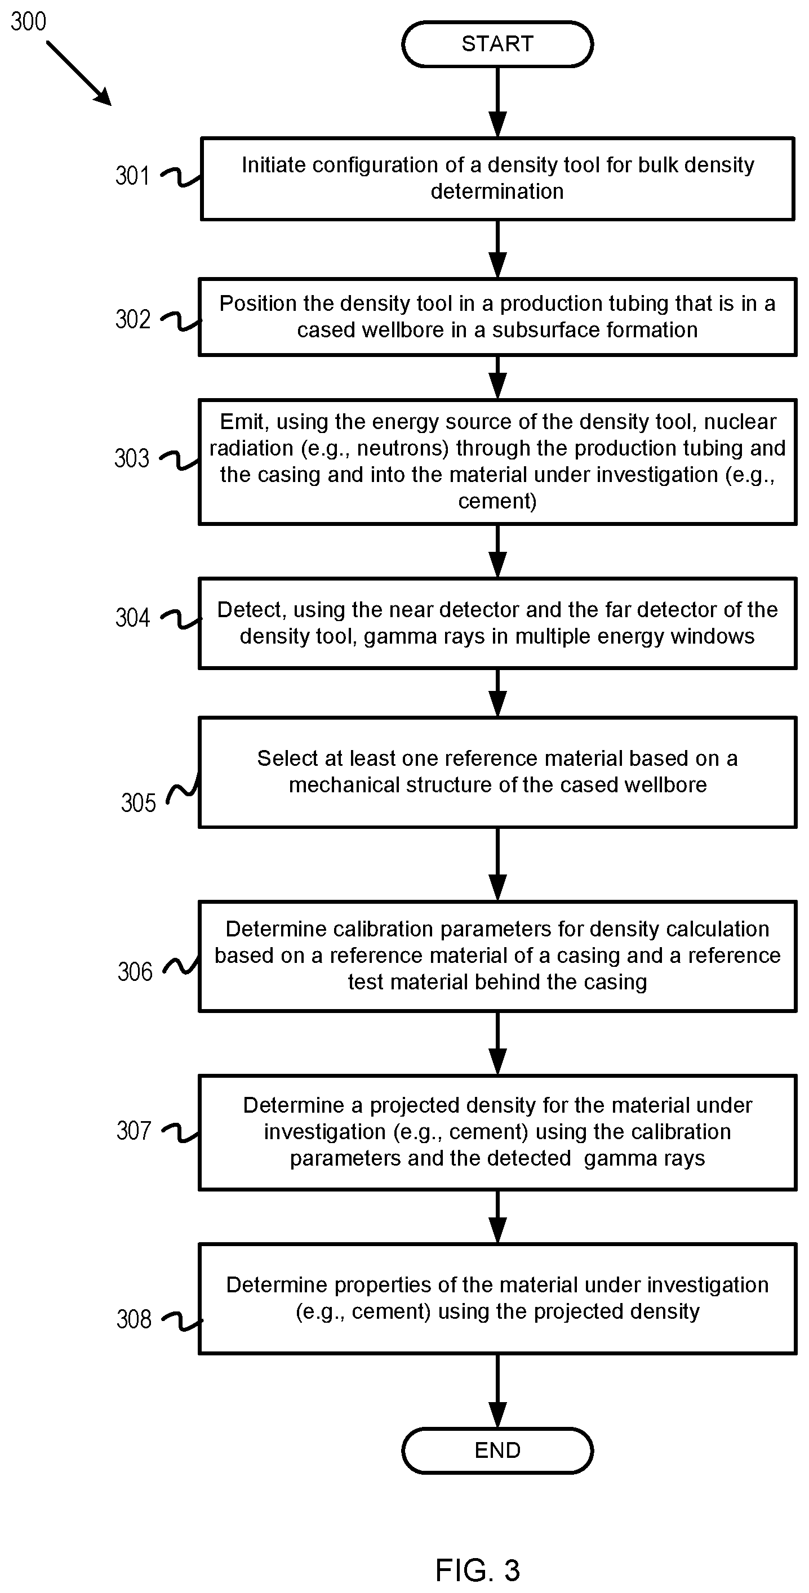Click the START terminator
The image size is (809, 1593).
(497, 44)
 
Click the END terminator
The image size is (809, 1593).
(497, 1450)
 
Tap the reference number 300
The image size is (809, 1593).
(29, 21)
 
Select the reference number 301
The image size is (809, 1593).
(132, 176)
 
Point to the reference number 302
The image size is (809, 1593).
(132, 319)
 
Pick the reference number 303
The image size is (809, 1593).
(132, 458)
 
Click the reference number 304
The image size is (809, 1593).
(132, 617)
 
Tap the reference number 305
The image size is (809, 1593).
(138, 802)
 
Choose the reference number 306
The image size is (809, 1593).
(135, 971)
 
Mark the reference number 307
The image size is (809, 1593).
(134, 1131)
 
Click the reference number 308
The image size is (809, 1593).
(134, 1319)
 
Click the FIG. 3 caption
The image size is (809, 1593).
(478, 1570)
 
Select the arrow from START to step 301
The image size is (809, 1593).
(497, 102)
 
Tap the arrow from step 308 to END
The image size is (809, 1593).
(497, 1391)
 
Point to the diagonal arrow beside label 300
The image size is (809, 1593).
(78, 73)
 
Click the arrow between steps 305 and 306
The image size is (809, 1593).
(497, 864)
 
